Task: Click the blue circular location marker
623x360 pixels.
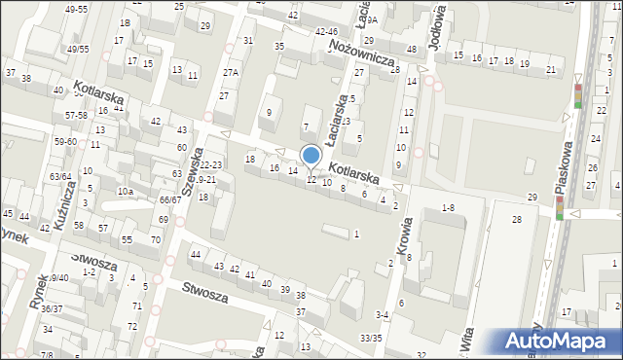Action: click(x=311, y=155)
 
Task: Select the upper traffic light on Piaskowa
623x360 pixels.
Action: click(x=578, y=95)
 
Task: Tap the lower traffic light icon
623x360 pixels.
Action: click(x=560, y=207)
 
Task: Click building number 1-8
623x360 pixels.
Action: click(x=448, y=207)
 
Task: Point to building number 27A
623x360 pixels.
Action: click(x=230, y=72)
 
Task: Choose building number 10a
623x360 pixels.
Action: click(x=126, y=192)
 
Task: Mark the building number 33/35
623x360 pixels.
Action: click(x=371, y=338)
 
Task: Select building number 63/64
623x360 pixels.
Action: click(x=60, y=176)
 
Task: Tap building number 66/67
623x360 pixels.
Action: click(x=170, y=199)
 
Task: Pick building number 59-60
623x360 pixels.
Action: click(x=65, y=142)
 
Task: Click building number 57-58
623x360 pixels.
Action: click(x=77, y=115)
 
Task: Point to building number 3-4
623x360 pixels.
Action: click(x=383, y=314)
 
